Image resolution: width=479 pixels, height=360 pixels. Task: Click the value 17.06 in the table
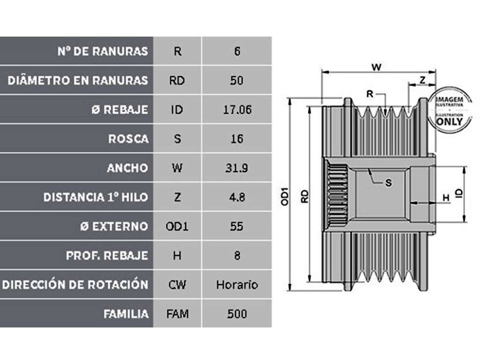point(237,109)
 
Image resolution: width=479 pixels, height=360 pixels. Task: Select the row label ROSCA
point(128,139)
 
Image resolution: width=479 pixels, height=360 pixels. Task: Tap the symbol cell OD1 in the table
point(177,226)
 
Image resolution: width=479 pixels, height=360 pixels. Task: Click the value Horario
point(237,285)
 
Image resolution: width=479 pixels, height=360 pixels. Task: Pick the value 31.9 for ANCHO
point(237,168)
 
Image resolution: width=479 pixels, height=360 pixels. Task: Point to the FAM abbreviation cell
point(177,314)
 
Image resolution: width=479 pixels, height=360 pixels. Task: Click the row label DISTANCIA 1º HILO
point(95,197)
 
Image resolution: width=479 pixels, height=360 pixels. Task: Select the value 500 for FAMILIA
point(237,314)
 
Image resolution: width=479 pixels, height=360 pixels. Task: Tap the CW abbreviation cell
point(177,285)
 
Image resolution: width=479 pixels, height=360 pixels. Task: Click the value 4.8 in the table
point(237,197)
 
